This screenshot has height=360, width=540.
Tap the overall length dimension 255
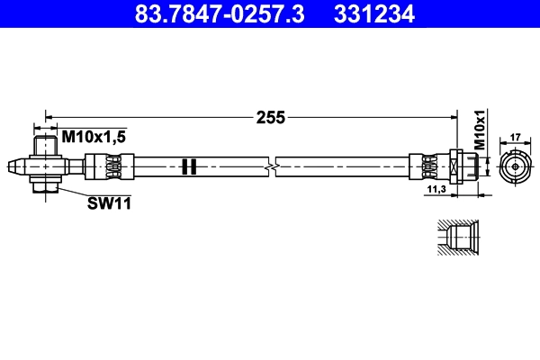click(270, 117)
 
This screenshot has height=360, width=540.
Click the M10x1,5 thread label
click(93, 136)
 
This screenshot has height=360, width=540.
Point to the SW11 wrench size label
click(109, 203)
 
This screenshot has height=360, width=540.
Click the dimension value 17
click(516, 138)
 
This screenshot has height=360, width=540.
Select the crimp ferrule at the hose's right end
click(427, 166)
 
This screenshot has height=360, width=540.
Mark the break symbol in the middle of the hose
click(271, 166)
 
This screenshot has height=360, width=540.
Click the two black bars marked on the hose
click(188, 166)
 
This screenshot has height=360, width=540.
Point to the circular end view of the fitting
click(515, 167)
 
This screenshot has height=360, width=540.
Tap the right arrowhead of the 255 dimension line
click(451, 116)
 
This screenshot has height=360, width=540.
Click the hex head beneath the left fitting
click(44, 185)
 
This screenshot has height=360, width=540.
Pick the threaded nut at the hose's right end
click(460, 166)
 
